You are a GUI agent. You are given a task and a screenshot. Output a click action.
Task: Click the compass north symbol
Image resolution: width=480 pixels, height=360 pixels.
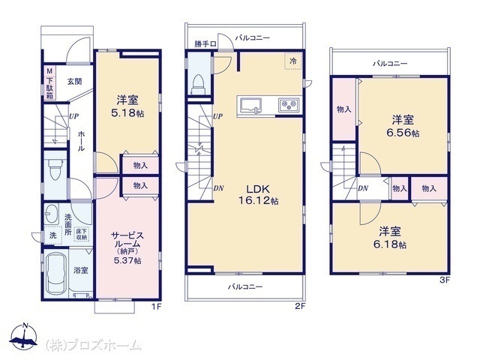tap(24, 336)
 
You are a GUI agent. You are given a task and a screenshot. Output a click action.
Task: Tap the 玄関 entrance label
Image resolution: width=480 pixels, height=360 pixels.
tap(75, 82)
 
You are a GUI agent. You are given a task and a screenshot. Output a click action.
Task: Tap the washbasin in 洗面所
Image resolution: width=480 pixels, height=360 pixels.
tap(52, 214)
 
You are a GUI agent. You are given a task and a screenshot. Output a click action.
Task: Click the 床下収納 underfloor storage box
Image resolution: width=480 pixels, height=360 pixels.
tap(82, 234)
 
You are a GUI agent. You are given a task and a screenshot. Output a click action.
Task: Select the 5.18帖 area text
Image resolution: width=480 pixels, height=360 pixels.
tap(127, 113)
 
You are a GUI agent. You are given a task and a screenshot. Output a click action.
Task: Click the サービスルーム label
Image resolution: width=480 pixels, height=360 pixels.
tap(127, 240)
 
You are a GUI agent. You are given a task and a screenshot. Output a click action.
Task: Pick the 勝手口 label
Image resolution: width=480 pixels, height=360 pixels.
tap(205, 44)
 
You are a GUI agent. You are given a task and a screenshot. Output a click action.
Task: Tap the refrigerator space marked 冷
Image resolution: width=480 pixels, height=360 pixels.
tap(293, 61)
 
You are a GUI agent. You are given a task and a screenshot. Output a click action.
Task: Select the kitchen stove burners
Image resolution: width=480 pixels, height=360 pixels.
tap(289, 105)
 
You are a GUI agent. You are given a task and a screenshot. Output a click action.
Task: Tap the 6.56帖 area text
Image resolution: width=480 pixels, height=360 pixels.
tap(403, 133)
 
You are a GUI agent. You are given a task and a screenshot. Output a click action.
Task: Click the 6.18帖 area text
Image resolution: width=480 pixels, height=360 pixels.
tap(390, 244)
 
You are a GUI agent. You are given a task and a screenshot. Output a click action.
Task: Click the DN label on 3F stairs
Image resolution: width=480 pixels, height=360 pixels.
tap(363, 188)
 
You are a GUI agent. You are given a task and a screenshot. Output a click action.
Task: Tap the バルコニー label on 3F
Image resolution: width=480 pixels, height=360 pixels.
tap(390, 64)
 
